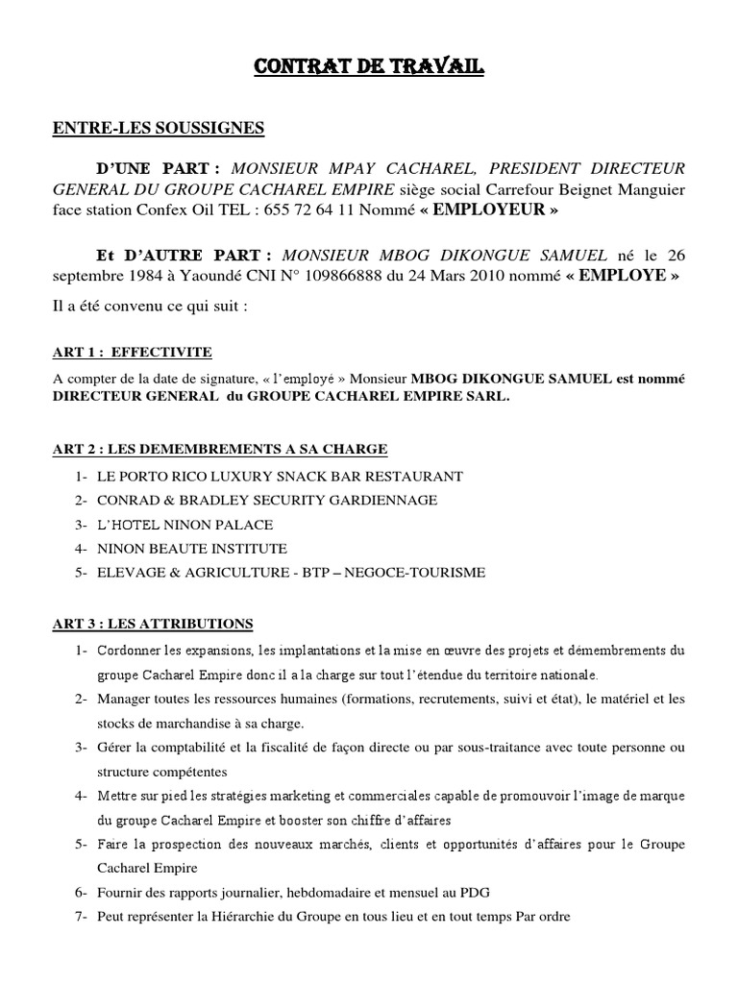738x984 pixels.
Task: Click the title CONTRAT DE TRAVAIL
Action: (x=370, y=67)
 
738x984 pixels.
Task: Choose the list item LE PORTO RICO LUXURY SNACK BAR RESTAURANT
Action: (x=279, y=476)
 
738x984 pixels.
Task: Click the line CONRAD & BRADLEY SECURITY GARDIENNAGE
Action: (x=266, y=500)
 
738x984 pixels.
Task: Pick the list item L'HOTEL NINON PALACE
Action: (x=184, y=525)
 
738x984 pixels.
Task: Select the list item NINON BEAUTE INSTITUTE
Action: (x=191, y=549)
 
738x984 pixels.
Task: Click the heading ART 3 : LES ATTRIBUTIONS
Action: (x=152, y=624)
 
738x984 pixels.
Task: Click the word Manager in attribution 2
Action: (x=122, y=699)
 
